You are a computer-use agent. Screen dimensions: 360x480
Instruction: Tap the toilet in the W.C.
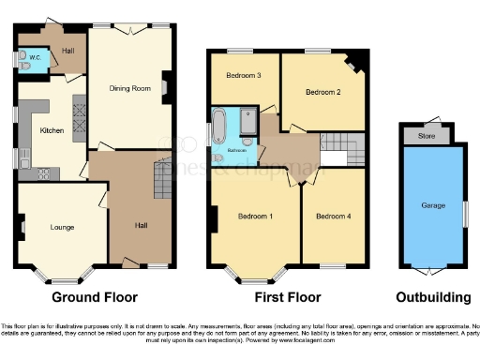(22, 56)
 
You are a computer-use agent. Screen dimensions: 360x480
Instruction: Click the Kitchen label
(52, 130)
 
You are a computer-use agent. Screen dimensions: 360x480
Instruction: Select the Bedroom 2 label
(322, 92)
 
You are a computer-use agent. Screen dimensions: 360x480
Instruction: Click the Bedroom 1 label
(255, 217)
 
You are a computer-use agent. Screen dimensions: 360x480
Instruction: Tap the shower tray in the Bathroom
(248, 122)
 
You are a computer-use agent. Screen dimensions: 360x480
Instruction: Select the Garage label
(432, 204)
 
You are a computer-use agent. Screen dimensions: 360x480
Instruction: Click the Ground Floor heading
(97, 297)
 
